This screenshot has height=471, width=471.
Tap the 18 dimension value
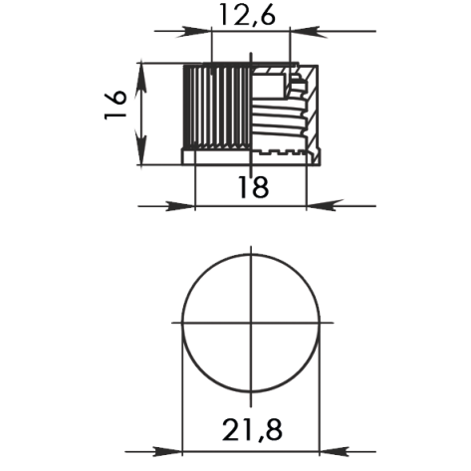click(x=253, y=186)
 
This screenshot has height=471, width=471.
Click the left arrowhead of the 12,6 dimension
click(x=204, y=32)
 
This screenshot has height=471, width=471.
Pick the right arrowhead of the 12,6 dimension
click(x=297, y=32)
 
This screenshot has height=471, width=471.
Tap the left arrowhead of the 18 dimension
click(x=186, y=206)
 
